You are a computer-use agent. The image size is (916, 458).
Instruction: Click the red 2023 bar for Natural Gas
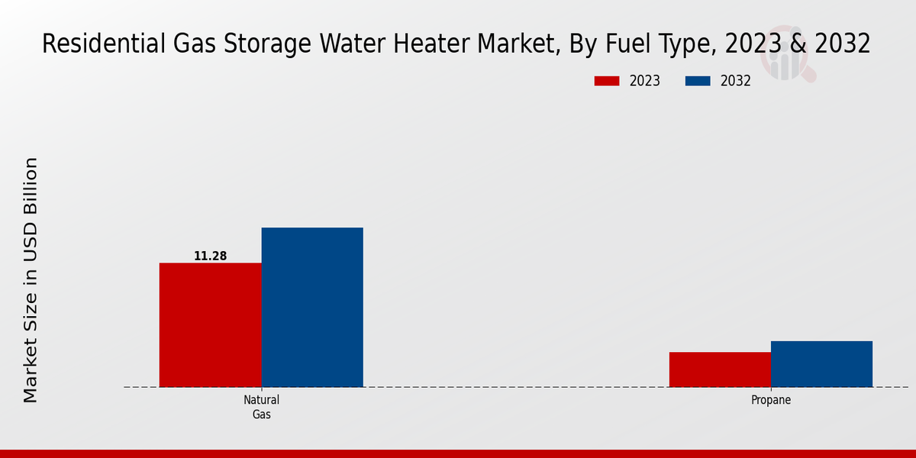tap(210, 324)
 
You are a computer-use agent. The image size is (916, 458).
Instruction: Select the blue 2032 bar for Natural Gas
tap(312, 307)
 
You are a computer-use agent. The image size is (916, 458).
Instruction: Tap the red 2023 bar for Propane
tap(720, 369)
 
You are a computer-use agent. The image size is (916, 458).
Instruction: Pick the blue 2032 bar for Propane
tap(821, 363)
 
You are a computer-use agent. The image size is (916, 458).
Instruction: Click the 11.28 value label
tap(210, 256)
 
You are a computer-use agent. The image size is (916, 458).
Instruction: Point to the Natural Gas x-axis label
tap(262, 408)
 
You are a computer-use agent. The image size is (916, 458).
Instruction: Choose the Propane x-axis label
tap(771, 400)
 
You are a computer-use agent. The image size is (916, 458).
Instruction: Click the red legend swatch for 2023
tap(607, 81)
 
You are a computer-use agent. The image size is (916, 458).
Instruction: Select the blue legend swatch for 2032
tap(698, 81)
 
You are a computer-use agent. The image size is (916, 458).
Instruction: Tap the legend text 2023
tap(645, 81)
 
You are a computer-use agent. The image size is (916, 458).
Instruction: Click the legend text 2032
tap(736, 81)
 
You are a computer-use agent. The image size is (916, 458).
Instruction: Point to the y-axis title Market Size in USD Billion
tap(31, 279)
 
